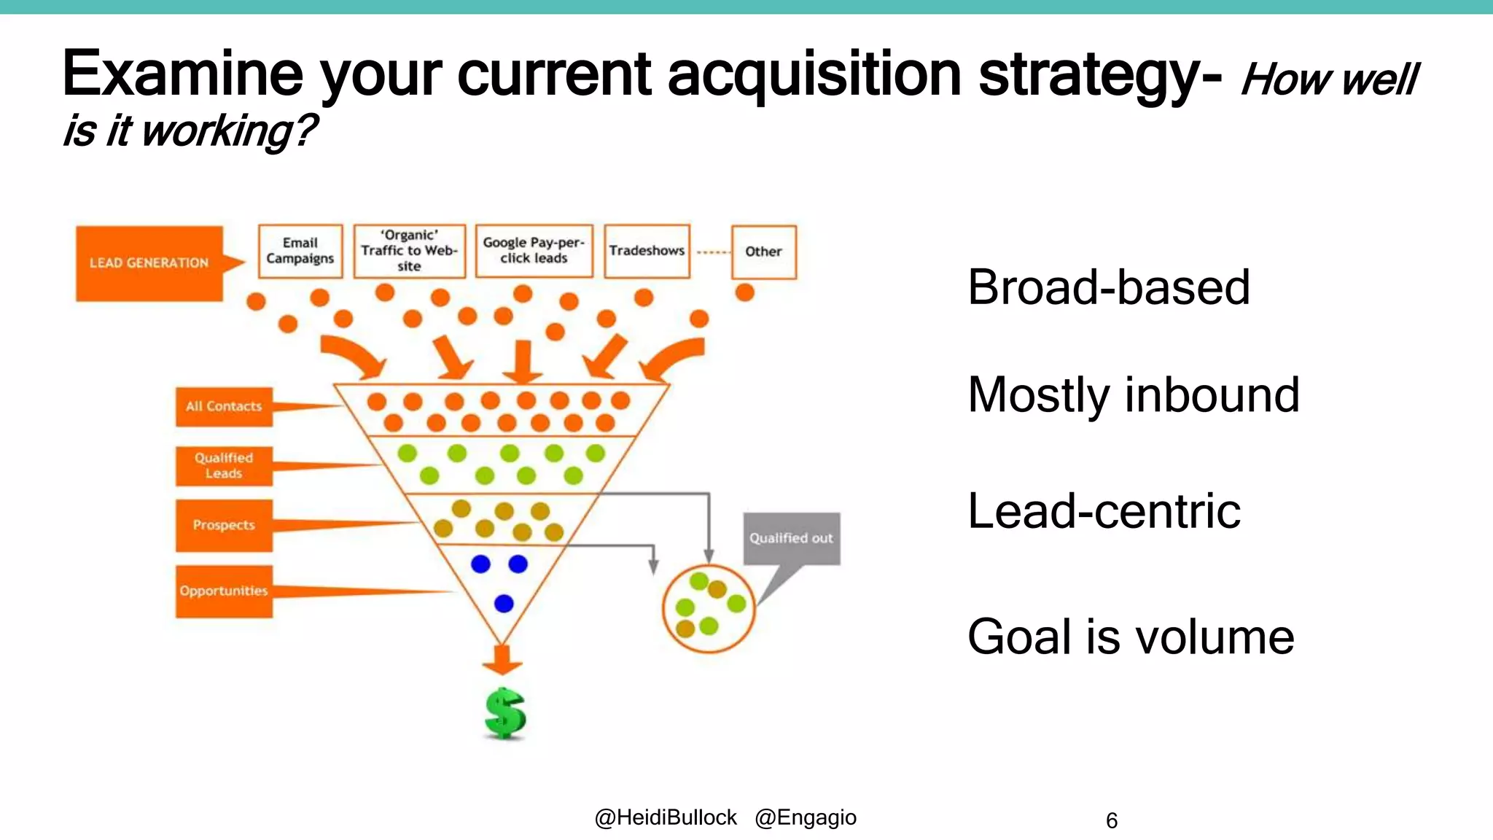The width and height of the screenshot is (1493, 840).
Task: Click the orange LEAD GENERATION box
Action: (149, 263)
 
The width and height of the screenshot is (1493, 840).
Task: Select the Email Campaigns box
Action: (300, 251)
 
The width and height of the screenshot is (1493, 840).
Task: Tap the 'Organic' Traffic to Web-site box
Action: (409, 251)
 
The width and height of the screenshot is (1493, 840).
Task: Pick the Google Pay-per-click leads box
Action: (534, 251)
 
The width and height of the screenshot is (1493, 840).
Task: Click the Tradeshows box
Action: (647, 251)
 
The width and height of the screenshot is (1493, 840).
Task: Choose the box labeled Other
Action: (763, 252)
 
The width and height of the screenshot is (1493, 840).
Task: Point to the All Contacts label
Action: (224, 407)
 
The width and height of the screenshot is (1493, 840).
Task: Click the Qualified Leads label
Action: (224, 466)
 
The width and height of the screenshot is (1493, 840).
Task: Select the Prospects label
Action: (224, 525)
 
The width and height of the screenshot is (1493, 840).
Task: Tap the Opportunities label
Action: (224, 591)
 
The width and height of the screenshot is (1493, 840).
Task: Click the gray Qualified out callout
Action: (791, 538)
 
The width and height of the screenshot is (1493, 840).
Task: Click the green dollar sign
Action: (504, 713)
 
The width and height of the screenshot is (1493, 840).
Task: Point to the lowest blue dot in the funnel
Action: (504, 604)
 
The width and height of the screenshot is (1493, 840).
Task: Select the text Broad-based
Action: (1108, 287)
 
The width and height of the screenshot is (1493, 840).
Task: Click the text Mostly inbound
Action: (1133, 394)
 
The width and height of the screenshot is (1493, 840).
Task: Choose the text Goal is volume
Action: (1130, 637)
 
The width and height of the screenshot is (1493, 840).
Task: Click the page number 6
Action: (1111, 821)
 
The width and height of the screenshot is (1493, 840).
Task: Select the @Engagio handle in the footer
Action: (806, 818)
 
